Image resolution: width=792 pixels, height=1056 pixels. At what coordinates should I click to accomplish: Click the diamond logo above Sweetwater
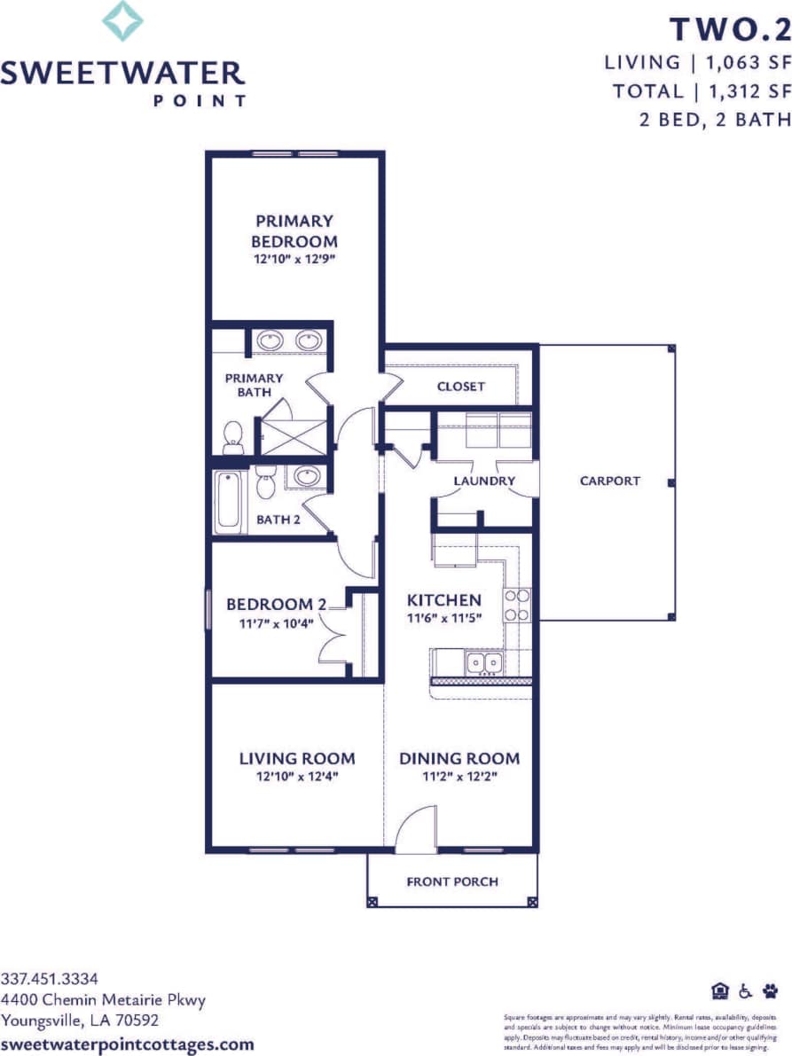(122, 21)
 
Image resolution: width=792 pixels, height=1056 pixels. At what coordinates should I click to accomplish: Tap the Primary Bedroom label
(294, 231)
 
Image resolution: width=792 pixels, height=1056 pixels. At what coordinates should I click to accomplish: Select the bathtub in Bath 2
(229, 502)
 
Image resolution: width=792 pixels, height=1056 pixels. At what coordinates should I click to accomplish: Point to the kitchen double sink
(483, 662)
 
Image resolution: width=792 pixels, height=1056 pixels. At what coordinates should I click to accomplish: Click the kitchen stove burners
(517, 605)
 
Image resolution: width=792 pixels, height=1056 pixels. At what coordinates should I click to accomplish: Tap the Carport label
(609, 481)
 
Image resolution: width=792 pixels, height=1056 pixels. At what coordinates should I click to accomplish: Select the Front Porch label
(452, 881)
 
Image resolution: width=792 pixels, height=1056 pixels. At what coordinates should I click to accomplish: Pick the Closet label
(461, 387)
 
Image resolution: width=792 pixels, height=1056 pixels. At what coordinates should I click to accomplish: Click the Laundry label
(484, 481)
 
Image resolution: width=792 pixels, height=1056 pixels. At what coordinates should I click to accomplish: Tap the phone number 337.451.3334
(49, 979)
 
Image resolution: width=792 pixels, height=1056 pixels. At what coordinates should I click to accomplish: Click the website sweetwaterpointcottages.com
(128, 1044)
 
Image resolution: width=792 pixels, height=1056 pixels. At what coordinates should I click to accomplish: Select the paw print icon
(770, 990)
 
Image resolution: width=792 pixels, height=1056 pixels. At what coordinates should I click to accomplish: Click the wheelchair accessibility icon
(745, 990)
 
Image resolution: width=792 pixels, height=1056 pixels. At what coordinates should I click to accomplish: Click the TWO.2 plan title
(729, 29)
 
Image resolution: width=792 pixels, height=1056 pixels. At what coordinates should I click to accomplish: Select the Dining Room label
(459, 758)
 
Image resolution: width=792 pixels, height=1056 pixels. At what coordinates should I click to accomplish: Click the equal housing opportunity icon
(719, 990)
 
